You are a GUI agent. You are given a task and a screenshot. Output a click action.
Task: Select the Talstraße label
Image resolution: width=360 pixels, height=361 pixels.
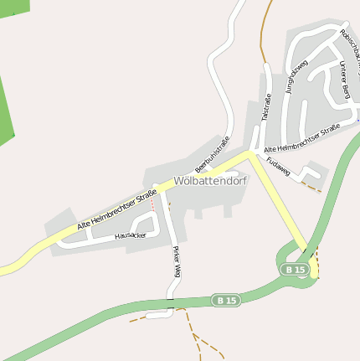[x=266, y=108]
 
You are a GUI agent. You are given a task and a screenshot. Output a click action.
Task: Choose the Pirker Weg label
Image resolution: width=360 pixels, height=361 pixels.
[x=177, y=261]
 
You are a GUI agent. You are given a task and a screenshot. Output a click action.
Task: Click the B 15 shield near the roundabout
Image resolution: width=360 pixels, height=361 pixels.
[x=295, y=269]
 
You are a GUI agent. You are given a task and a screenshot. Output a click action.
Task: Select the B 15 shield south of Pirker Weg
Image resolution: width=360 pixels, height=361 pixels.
[x=225, y=300]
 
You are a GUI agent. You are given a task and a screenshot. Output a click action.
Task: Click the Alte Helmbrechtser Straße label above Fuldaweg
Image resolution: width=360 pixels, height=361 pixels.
[x=301, y=138]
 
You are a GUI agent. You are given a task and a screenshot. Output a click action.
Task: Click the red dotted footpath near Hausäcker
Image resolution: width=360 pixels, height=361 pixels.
[x=152, y=204]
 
